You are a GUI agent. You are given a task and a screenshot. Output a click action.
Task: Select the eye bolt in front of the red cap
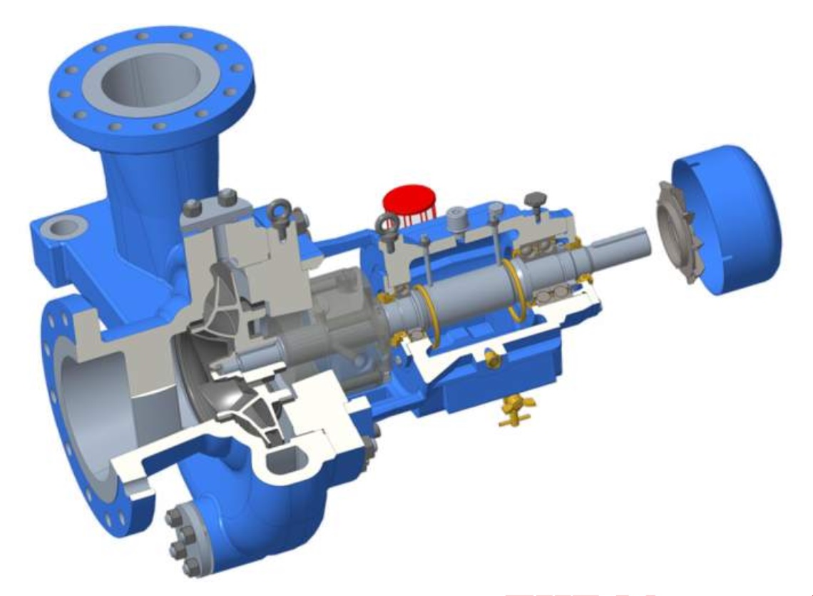point(388,228)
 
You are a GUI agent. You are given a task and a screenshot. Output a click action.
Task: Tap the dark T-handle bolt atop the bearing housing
point(534,198)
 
